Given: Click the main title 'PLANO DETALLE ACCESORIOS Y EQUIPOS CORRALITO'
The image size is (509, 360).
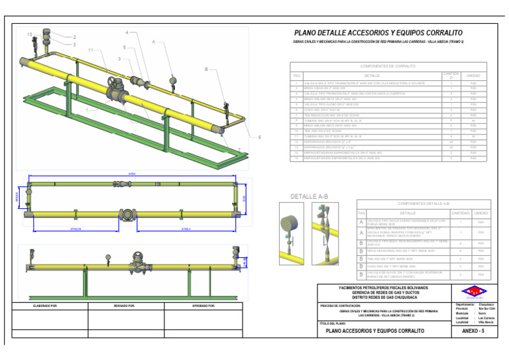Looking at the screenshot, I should click(378, 32).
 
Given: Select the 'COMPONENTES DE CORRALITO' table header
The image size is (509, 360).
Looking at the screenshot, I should click(388, 66).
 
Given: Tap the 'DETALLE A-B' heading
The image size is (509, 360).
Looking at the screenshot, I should click(310, 196).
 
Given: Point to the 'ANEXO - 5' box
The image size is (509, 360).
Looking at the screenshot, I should click(473, 330).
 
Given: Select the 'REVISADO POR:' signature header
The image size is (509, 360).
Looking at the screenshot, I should click(125, 306).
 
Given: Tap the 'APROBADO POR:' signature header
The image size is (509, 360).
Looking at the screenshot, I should click(202, 306).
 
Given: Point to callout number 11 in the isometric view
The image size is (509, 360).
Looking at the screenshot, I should click(90, 50).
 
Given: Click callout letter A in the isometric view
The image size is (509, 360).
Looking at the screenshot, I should click(154, 42).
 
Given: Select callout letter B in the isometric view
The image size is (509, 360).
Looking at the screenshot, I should click(206, 69).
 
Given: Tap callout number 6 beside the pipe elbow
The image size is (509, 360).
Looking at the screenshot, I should click(259, 137).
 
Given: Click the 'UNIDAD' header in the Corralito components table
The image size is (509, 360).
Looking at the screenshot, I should click(473, 76).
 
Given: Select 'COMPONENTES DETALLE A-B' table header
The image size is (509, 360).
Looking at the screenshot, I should click(423, 204).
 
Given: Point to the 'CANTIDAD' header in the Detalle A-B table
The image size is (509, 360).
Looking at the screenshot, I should click(460, 213).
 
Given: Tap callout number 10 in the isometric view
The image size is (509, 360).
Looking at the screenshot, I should click(29, 34).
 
